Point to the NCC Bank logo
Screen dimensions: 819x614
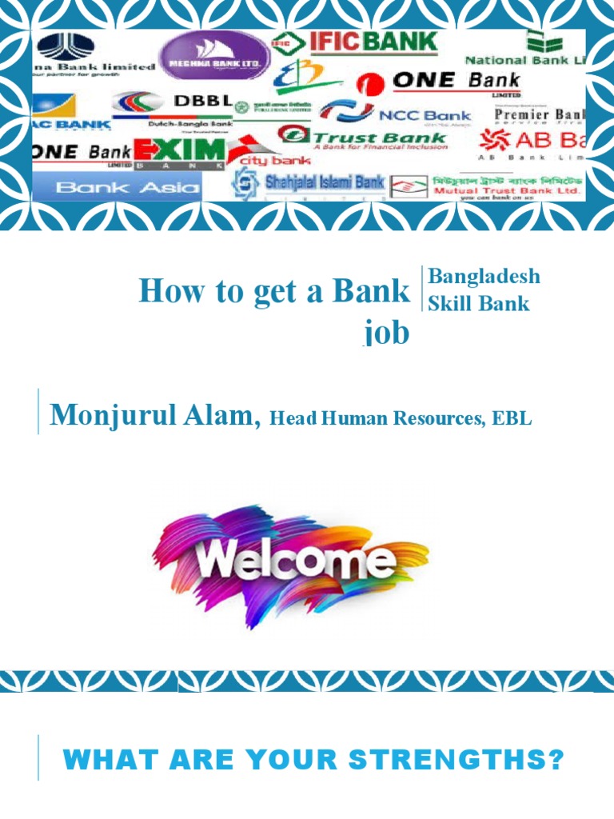tap(395, 114)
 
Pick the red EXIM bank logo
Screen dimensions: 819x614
tap(180, 152)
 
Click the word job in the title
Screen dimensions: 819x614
tap(388, 332)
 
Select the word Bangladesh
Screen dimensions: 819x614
tap(484, 276)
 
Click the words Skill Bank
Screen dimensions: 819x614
tap(479, 303)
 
